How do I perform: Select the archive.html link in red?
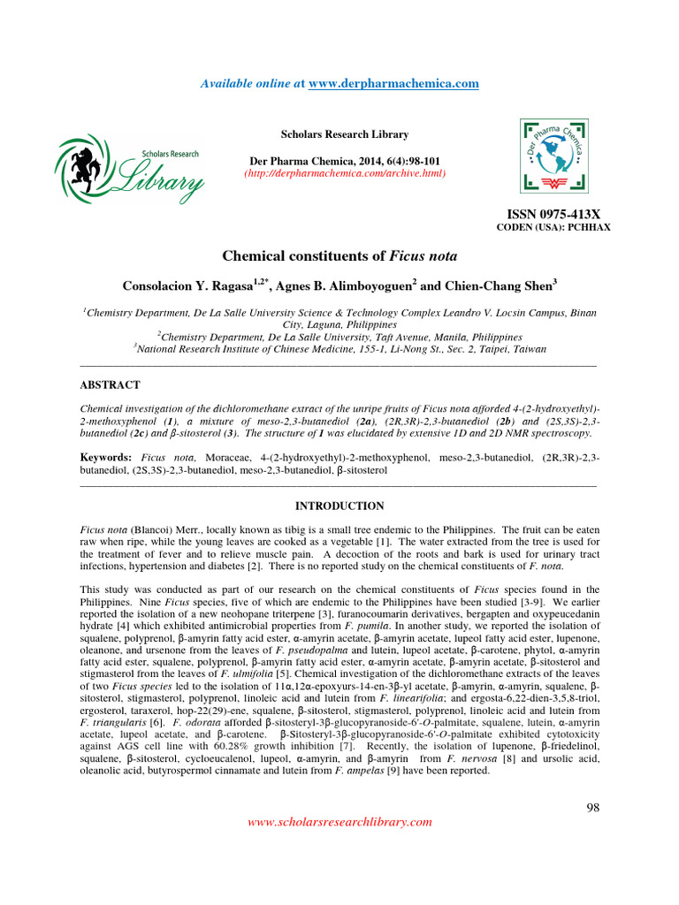345,172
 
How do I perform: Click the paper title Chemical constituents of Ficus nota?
339,257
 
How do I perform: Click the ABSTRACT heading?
110,385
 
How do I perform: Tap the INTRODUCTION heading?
339,506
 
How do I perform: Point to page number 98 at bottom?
593,808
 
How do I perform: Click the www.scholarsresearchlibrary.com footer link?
339,822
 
